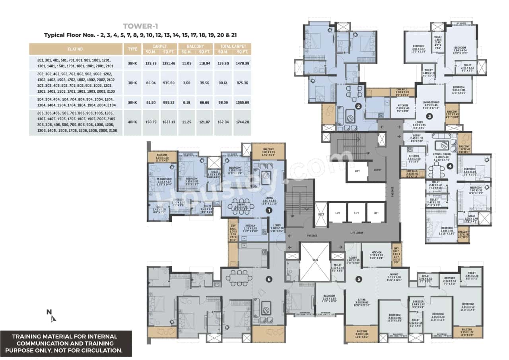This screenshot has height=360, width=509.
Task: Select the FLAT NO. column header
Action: [76, 49]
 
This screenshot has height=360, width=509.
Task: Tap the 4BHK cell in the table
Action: [131, 122]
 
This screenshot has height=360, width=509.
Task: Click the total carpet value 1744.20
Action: [242, 122]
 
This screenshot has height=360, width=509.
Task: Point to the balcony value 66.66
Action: [204, 103]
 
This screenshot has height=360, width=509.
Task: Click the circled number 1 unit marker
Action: [268, 210]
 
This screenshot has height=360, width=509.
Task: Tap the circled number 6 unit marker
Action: [269, 279]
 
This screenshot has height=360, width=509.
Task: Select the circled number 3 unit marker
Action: [429, 117]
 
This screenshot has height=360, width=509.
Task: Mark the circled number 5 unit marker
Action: [359, 279]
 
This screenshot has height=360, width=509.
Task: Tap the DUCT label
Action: [321, 213]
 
